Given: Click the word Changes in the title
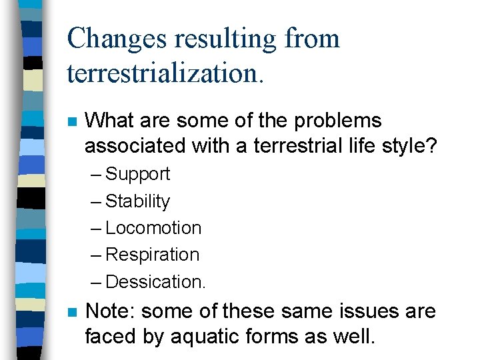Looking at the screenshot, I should pos(117,39).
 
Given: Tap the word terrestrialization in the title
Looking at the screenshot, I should pos(165,73).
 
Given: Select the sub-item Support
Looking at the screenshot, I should pos(138,174).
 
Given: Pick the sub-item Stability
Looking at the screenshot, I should pos(138,201).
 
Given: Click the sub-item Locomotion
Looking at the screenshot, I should pos(153,228).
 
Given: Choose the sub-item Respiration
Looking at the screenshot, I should pos(153,255).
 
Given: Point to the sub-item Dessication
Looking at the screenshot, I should pos(155,282).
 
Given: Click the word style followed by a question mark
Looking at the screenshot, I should pos(409,145).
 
